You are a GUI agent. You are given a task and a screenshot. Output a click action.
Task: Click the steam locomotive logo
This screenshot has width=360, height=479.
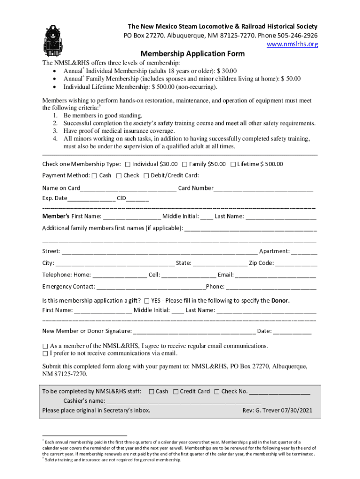pyautogui.click(x=52, y=37)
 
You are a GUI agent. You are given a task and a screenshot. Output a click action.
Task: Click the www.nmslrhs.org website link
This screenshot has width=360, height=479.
pyautogui.click(x=292, y=44)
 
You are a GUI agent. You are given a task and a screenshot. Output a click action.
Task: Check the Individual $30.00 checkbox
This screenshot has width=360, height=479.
pyautogui.click(x=128, y=164)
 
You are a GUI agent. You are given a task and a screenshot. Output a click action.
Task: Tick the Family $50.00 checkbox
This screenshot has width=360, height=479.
pyautogui.click(x=185, y=164)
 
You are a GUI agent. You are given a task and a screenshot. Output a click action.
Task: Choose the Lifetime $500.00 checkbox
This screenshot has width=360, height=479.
pyautogui.click(x=233, y=164)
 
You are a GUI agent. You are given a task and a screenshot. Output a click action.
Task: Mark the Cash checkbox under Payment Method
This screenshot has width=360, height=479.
pyautogui.click(x=94, y=176)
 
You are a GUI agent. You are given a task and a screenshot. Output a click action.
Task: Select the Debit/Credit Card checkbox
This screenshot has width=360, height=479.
pyautogui.click(x=146, y=176)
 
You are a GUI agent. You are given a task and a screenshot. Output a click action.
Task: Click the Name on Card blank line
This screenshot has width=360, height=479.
pyautogui.click(x=129, y=189)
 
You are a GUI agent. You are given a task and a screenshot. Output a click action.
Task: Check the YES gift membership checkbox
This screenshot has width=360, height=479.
pyautogui.click(x=147, y=301)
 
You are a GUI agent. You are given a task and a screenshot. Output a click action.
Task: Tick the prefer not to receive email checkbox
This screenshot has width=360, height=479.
pyautogui.click(x=45, y=353)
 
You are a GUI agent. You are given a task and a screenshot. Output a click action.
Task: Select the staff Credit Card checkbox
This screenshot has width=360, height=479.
pyautogui.click(x=176, y=392)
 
